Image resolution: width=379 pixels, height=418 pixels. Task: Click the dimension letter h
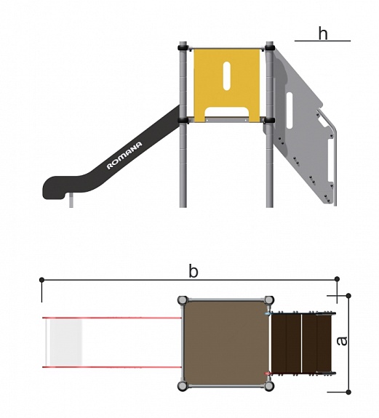click(x=323, y=33)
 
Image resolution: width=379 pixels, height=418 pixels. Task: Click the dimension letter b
click(x=193, y=271)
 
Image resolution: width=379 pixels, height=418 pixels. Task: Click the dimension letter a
click(x=342, y=341)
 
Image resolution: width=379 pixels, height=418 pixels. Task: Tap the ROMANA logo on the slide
click(x=124, y=156)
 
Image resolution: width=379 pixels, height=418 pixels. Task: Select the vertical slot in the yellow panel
click(x=227, y=76)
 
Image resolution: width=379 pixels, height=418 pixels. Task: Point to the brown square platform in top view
click(x=226, y=343)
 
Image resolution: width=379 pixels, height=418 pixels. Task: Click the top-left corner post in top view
click(x=183, y=300)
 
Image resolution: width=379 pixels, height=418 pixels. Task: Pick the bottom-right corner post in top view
click(x=269, y=386)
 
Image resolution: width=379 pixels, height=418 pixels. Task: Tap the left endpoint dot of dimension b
click(x=41, y=280)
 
